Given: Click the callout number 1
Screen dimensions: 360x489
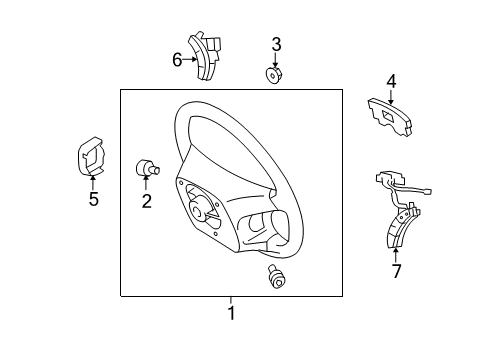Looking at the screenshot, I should click(231, 314).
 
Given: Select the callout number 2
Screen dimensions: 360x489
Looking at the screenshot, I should click(146, 202).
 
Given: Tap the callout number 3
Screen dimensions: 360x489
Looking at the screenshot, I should click(276, 43).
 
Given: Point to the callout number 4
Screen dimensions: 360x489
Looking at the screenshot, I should click(391, 81).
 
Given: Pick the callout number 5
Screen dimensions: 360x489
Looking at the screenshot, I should click(93, 199).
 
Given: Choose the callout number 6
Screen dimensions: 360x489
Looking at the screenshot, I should click(177, 59).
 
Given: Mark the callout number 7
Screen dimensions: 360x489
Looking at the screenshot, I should click(395, 271).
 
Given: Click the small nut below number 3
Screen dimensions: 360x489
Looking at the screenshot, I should click(275, 74).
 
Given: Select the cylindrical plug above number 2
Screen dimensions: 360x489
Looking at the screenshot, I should click(146, 168).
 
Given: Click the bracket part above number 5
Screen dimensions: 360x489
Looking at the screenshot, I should click(92, 158).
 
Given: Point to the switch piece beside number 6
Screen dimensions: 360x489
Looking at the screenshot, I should click(212, 58).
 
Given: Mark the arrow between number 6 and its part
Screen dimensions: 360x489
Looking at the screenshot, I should click(192, 59).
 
